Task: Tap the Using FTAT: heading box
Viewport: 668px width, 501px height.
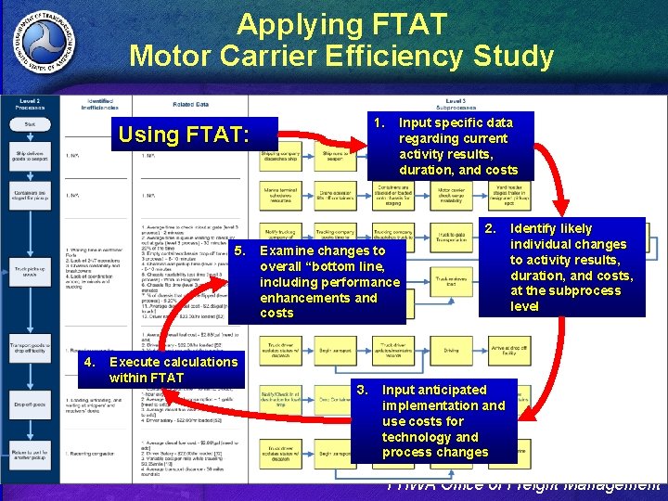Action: (x=184, y=135)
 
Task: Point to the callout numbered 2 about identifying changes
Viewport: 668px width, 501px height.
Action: (x=561, y=267)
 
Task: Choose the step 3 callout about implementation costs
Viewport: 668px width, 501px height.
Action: (x=435, y=420)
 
